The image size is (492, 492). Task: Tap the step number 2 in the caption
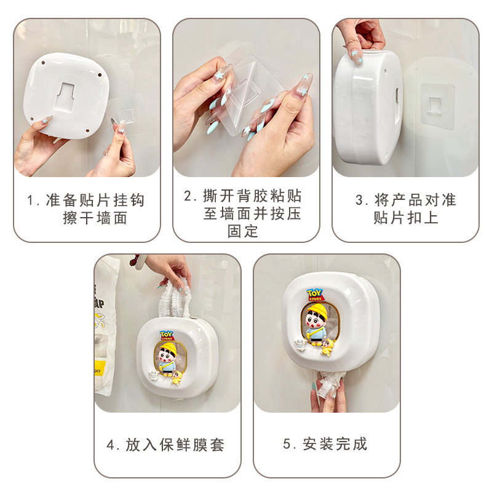point(189,196)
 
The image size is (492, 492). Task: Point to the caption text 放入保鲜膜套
point(175,444)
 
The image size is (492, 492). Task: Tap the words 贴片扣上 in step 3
point(406,218)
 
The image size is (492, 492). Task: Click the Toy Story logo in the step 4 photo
point(167,336)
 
